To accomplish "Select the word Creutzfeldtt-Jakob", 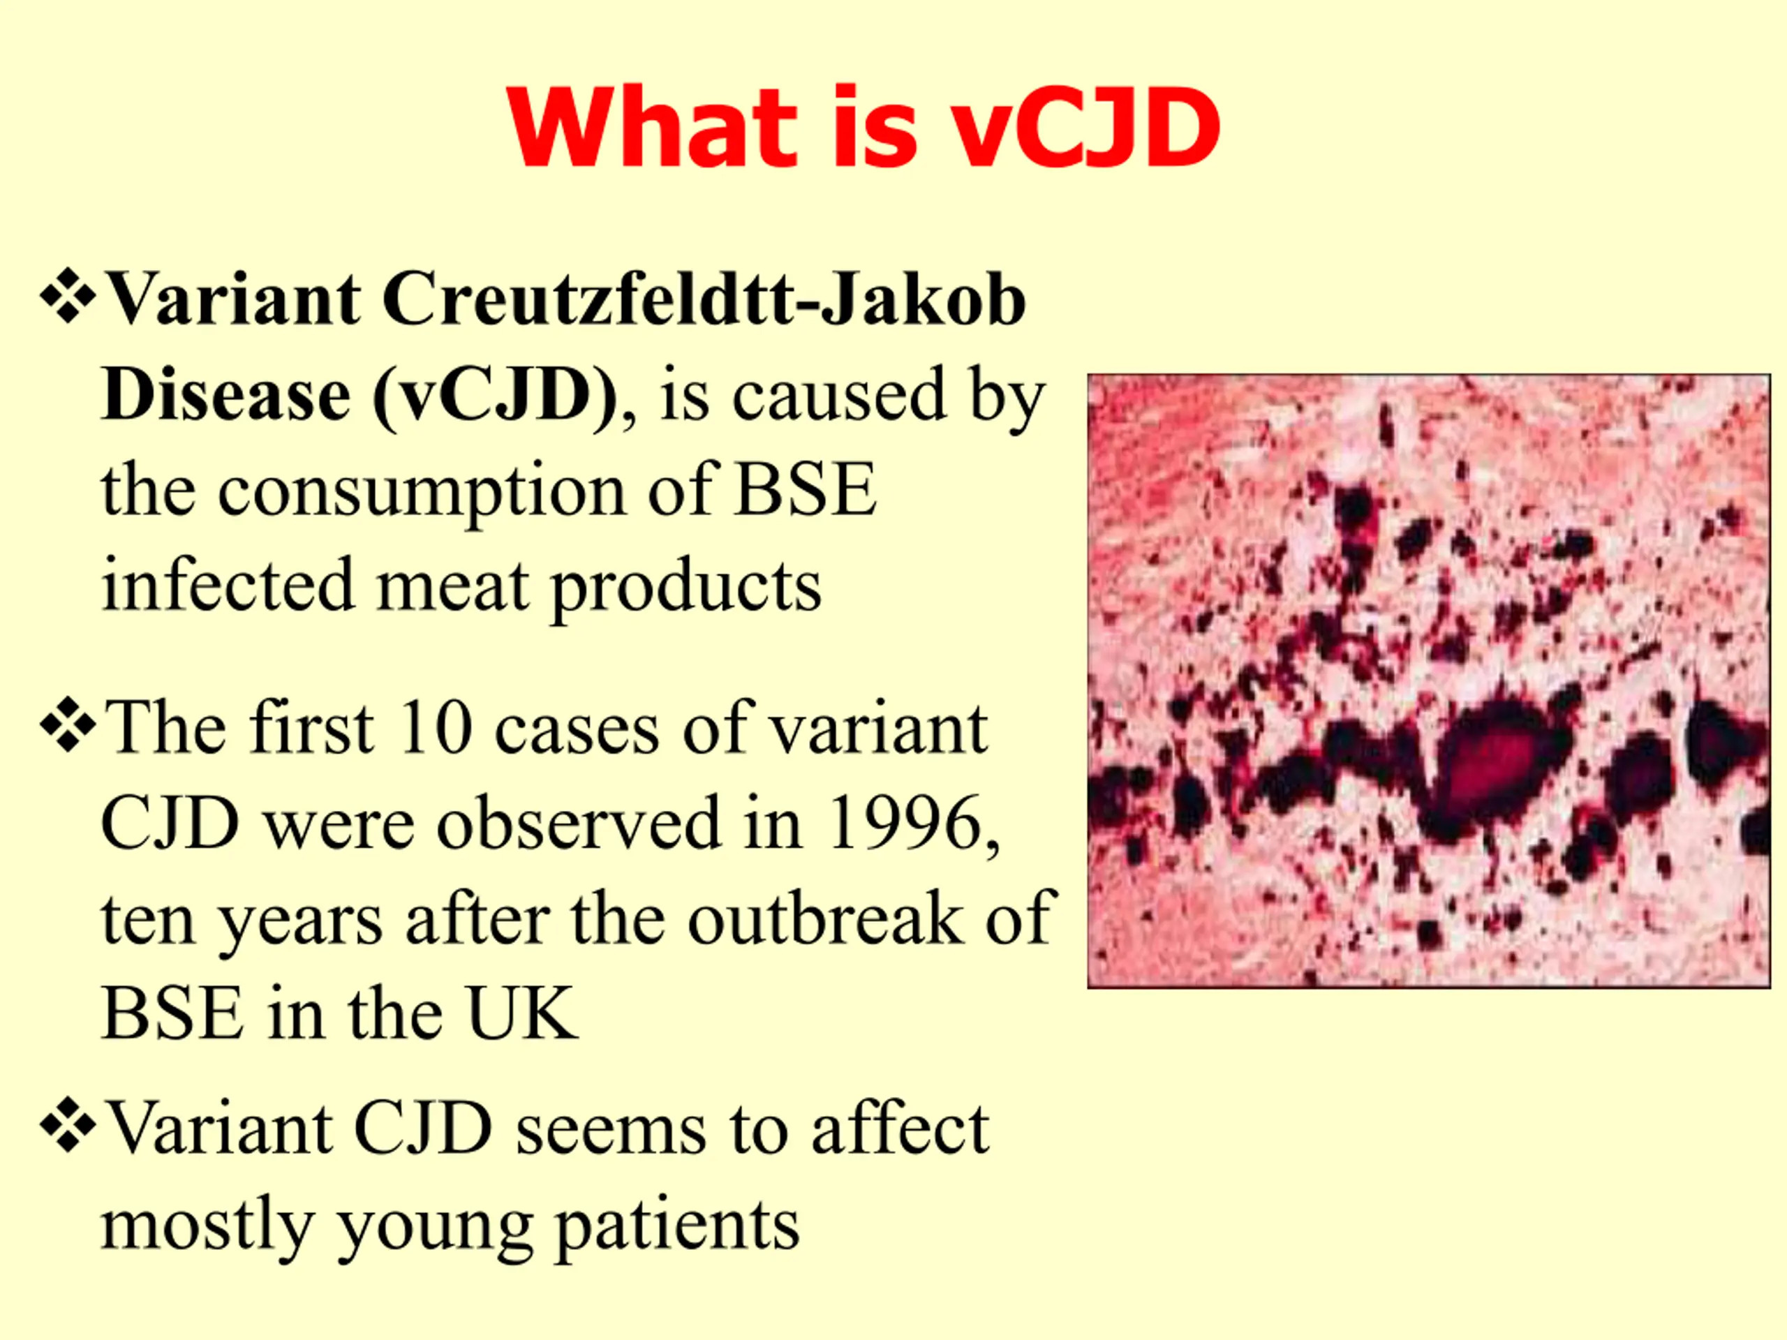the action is (704, 299).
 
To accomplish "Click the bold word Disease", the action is (226, 394).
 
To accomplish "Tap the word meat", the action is (452, 586).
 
